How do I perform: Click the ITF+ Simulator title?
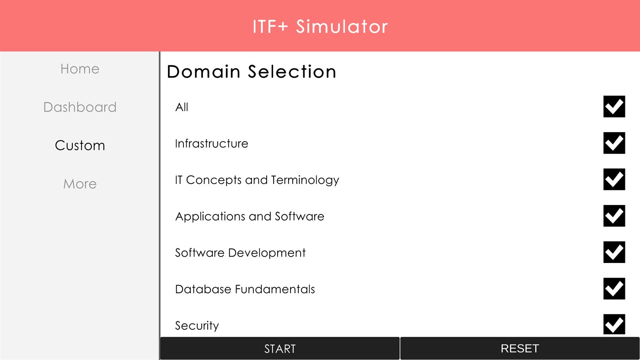pos(320,27)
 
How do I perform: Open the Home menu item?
pos(80,69)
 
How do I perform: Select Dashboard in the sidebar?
pos(80,107)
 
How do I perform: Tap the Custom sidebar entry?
pos(80,145)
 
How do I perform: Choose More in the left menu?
pos(80,184)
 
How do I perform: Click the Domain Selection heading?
pos(251,72)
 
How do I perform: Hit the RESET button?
pos(520,349)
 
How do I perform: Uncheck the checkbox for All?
pos(614,107)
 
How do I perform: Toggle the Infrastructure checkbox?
pos(614,143)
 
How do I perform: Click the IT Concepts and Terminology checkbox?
pos(614,179)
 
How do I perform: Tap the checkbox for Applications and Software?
pos(614,216)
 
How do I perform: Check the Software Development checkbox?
pos(614,252)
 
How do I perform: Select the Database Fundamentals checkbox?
pos(614,289)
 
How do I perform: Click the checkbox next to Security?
pos(614,324)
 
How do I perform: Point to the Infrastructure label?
pos(211,144)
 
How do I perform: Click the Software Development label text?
pos(240,253)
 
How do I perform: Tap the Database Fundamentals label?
pos(245,289)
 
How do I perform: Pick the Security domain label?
pos(197,326)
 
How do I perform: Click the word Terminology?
pos(305,180)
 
